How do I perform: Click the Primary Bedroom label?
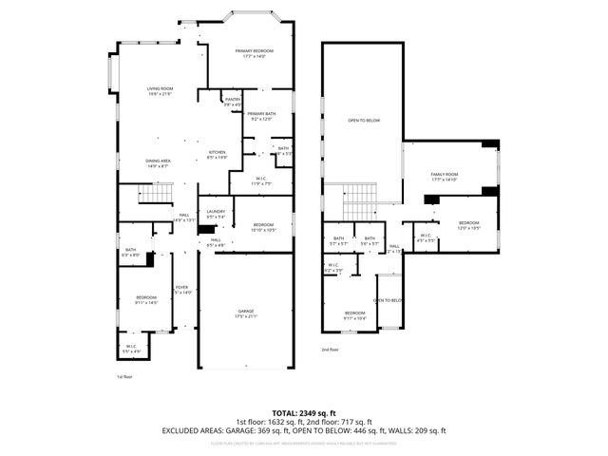pyautogui.click(x=254, y=52)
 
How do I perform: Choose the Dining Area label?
pyautogui.click(x=158, y=163)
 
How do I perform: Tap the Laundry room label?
pyautogui.click(x=216, y=215)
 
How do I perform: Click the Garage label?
pyautogui.click(x=246, y=313)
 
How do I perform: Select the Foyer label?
pyautogui.click(x=181, y=291)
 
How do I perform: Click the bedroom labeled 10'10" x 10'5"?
pyautogui.click(x=262, y=227)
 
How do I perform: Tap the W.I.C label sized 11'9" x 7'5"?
pyautogui.click(x=261, y=180)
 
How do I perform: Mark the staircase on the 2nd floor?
pyautogui.click(x=360, y=199)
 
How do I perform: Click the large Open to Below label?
pyautogui.click(x=363, y=121)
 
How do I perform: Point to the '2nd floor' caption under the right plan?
pyautogui.click(x=330, y=350)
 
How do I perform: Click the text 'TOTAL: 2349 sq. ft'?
pyautogui.click(x=304, y=413)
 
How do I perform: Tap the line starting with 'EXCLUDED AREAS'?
pyautogui.click(x=304, y=430)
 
